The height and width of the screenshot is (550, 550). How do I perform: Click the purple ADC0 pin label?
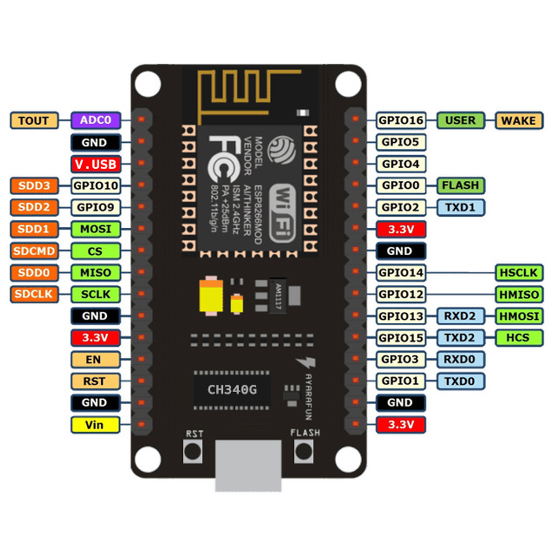click(96, 120)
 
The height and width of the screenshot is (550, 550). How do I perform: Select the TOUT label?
click(34, 120)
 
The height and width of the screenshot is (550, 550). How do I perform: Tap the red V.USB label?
click(96, 164)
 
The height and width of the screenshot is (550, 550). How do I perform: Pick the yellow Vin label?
click(95, 425)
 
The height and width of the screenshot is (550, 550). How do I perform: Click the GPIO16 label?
click(401, 120)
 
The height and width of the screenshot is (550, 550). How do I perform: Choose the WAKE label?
click(519, 120)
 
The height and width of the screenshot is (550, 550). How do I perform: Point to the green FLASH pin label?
click(460, 185)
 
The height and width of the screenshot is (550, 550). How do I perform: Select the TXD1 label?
click(460, 207)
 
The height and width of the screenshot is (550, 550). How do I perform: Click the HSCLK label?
click(519, 273)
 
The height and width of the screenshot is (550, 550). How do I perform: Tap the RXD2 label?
click(460, 316)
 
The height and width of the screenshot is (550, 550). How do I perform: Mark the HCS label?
click(519, 338)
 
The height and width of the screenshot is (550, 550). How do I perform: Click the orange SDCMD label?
click(34, 251)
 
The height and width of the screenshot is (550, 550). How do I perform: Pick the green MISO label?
click(96, 273)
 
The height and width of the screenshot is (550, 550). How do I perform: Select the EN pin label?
click(95, 360)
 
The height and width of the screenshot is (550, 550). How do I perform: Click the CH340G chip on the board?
click(232, 390)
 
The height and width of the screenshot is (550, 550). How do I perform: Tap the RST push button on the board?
click(193, 451)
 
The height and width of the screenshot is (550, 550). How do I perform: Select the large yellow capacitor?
click(211, 295)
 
